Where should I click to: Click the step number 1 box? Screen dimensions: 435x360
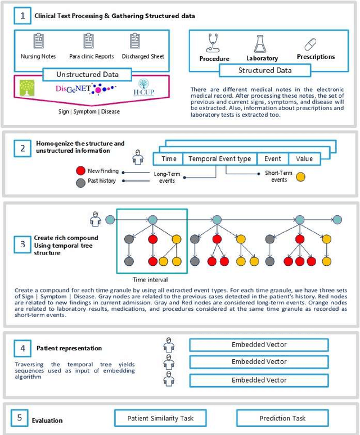[x=22, y=16]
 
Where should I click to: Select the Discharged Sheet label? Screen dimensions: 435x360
[x=134, y=56]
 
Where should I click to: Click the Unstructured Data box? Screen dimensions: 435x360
[x=87, y=74]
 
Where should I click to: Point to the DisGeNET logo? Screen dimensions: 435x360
[x=84, y=89]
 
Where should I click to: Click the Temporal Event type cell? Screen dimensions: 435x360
[x=219, y=159]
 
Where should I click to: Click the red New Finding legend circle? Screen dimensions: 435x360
[x=80, y=170]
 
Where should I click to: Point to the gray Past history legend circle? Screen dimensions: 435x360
[x=80, y=181]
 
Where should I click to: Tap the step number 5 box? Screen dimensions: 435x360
[x=20, y=418]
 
